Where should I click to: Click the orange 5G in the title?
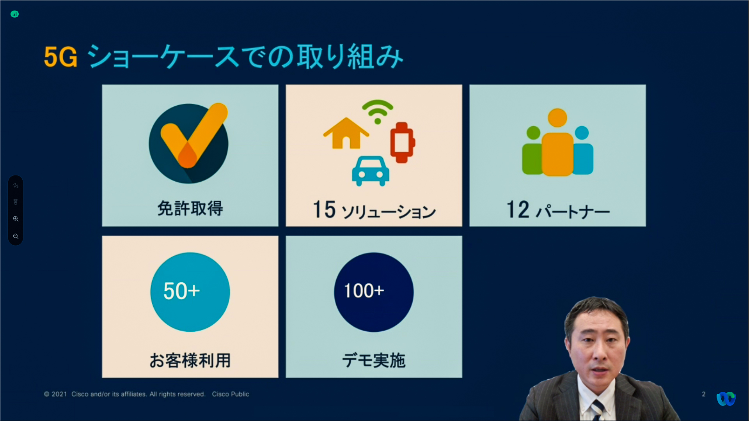tap(60, 57)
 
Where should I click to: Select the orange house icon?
tap(346, 133)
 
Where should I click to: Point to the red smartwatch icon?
tap(403, 142)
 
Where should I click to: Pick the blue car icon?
tap(371, 171)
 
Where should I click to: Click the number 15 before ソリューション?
tap(324, 209)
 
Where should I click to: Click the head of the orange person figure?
tap(557, 118)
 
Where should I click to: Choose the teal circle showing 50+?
tap(190, 292)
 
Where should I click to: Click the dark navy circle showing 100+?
tap(374, 292)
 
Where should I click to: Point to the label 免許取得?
tap(190, 208)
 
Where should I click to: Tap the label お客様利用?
tap(190, 360)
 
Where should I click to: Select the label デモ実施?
tap(374, 360)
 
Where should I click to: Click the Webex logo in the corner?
tap(726, 399)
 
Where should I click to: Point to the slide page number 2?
tap(704, 394)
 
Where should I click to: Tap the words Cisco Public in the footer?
tap(231, 394)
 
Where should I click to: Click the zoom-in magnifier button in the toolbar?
tap(16, 219)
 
